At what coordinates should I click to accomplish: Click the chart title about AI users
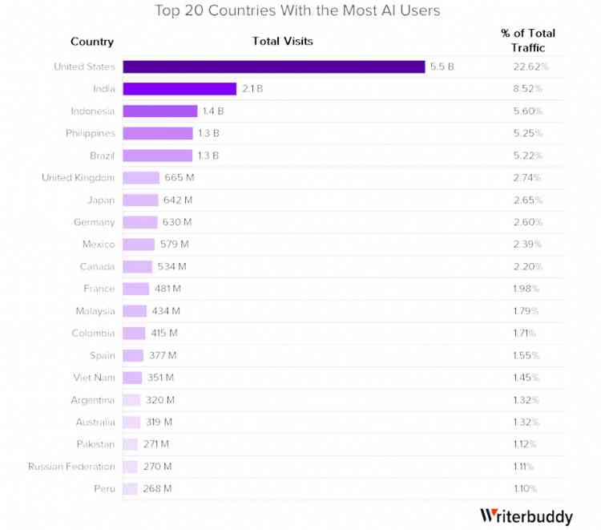click(297, 11)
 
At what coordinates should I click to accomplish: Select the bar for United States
click(273, 67)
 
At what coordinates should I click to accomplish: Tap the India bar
click(179, 89)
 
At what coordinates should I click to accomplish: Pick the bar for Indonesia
click(159, 111)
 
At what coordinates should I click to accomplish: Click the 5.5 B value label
click(442, 67)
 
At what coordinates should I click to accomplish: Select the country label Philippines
click(91, 133)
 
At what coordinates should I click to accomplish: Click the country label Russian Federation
click(71, 466)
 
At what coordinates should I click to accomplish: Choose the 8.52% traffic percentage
click(527, 89)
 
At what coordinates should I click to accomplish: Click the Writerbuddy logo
click(526, 516)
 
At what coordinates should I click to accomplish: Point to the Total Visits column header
click(282, 41)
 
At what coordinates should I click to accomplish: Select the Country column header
click(92, 42)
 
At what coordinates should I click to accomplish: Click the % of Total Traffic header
click(527, 40)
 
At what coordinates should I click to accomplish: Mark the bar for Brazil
click(157, 156)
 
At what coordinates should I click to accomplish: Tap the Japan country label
click(101, 200)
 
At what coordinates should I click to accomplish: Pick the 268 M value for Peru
click(157, 488)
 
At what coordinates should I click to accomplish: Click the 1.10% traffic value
click(525, 488)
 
